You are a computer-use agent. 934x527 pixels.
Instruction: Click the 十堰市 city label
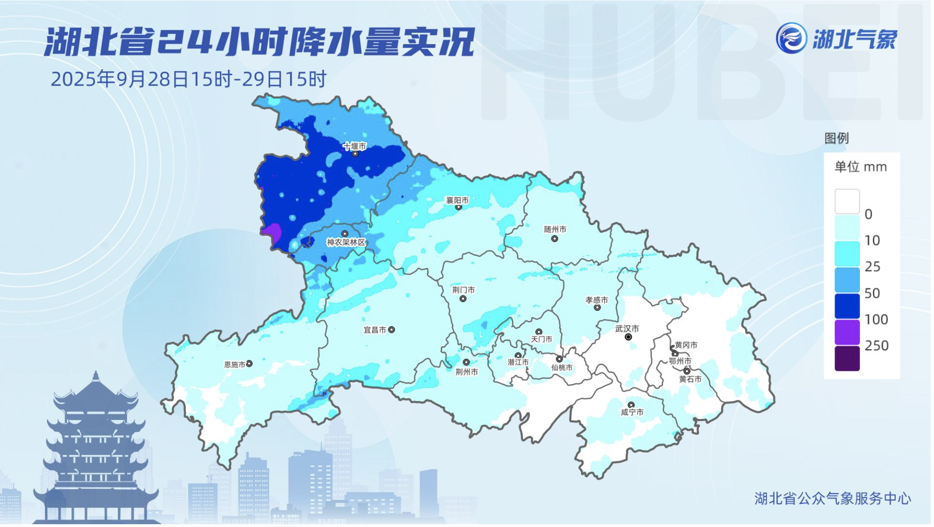pyautogui.click(x=355, y=146)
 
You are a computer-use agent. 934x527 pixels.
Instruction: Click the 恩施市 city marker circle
pyautogui.click(x=250, y=364)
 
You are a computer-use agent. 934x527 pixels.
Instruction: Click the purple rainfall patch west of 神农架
pyautogui.click(x=272, y=232)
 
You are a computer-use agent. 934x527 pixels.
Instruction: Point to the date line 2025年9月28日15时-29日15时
pyautogui.click(x=189, y=80)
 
